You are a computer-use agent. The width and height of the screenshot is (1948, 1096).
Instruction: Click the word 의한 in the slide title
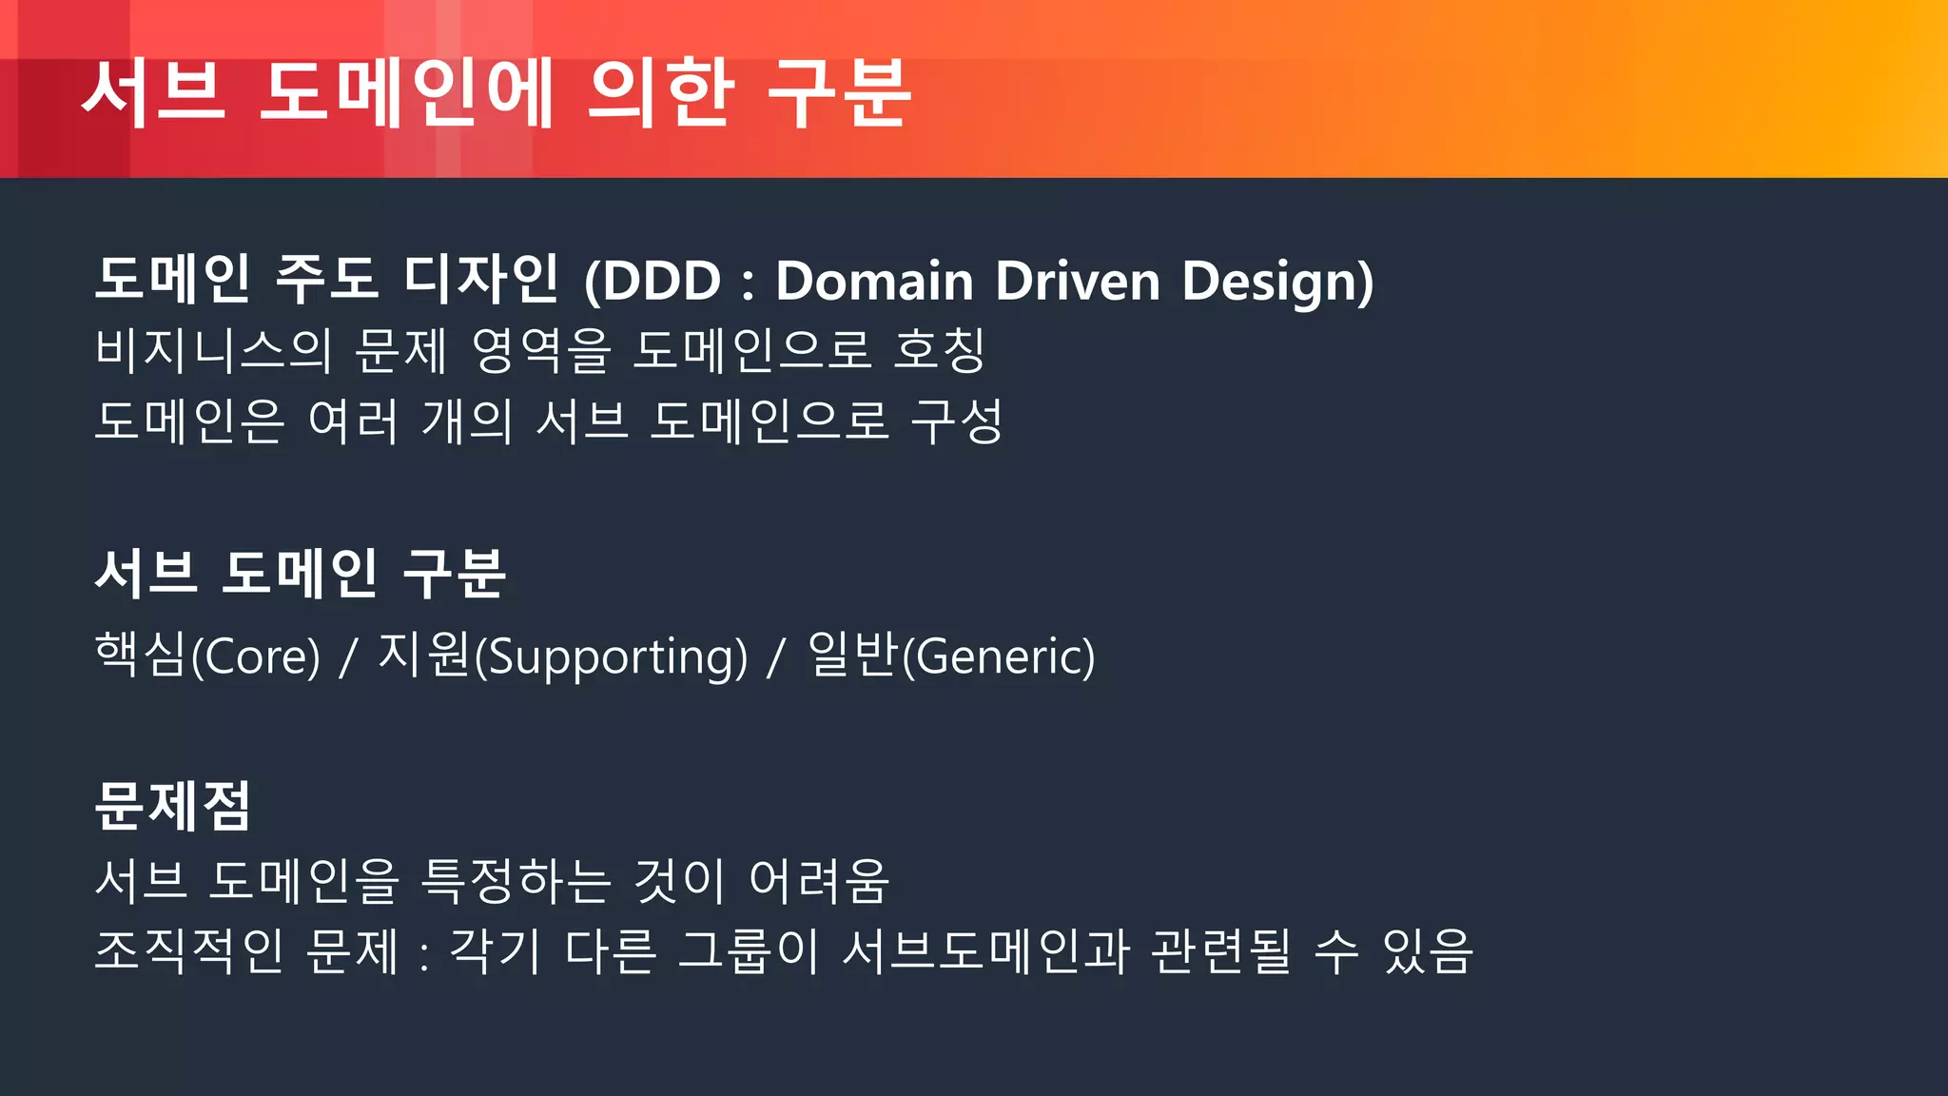tap(661, 92)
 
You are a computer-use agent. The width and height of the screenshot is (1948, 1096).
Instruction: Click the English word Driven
tap(1078, 281)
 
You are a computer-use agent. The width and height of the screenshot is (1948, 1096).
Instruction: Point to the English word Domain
tap(874, 281)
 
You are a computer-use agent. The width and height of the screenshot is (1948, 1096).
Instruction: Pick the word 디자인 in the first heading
tap(481, 279)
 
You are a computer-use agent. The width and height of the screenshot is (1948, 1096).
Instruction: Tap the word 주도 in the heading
tap(326, 279)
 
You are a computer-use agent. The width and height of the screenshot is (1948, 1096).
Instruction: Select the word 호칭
tap(940, 350)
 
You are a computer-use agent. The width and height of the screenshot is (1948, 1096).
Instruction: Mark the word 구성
tap(957, 421)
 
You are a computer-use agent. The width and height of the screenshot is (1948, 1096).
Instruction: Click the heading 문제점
tap(173, 806)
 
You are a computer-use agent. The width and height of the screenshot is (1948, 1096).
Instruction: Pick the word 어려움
tap(819, 880)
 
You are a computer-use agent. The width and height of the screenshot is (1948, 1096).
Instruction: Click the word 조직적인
tap(189, 950)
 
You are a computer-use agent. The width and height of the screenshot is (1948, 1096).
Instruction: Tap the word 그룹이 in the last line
tap(749, 950)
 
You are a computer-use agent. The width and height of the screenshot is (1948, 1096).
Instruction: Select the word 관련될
tap(1221, 950)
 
